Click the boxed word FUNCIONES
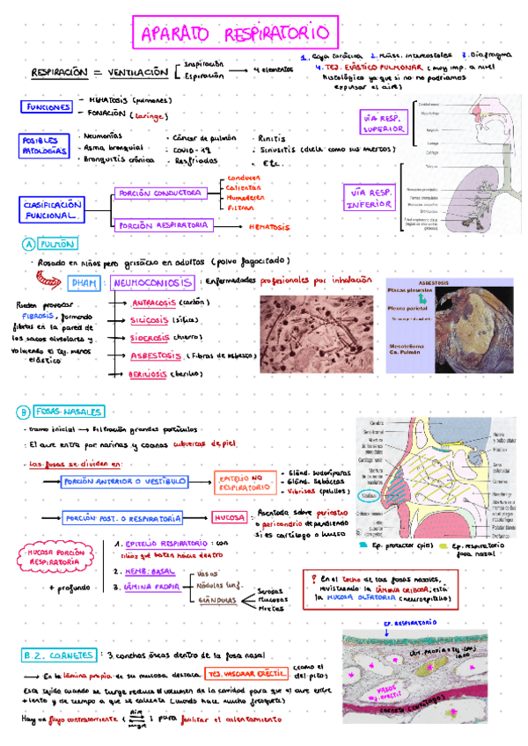click(x=48, y=107)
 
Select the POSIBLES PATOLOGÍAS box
click(x=42, y=145)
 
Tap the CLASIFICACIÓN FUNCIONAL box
click(x=52, y=208)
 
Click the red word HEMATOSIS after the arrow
click(x=269, y=226)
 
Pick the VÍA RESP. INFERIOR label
click(x=370, y=199)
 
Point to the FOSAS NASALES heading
click(x=70, y=412)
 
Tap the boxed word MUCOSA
click(x=229, y=518)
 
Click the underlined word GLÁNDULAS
click(x=215, y=600)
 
